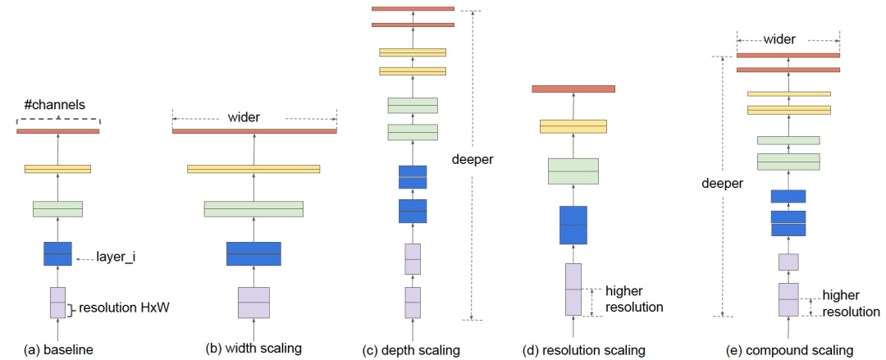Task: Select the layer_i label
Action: coord(116,258)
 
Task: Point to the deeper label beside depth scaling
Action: coord(473,159)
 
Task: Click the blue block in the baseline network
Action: coord(57,253)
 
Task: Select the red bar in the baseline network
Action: coord(57,131)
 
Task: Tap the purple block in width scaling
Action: coord(253,303)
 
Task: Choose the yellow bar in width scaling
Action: coord(253,169)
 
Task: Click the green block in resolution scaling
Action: coord(573,171)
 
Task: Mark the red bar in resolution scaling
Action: coord(573,89)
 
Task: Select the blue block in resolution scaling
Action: coord(573,225)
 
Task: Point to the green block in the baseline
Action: coord(57,209)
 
